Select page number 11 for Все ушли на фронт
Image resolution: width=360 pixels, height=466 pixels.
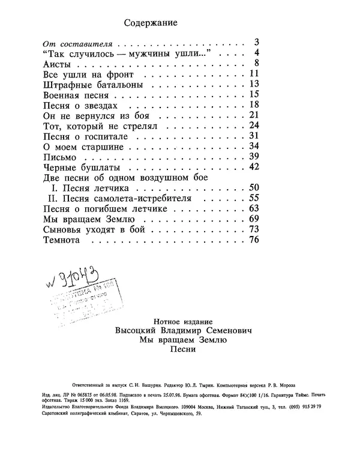pos(253,74)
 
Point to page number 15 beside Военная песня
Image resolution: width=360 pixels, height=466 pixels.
pos(253,94)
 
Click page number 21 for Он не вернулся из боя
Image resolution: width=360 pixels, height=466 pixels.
pos(253,115)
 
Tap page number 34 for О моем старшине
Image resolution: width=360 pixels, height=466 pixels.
pos(253,147)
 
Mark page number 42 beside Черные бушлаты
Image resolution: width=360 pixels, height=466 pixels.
pos(253,167)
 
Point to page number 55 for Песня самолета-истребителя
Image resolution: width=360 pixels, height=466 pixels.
pos(253,199)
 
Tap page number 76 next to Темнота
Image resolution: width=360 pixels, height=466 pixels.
pos(253,241)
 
